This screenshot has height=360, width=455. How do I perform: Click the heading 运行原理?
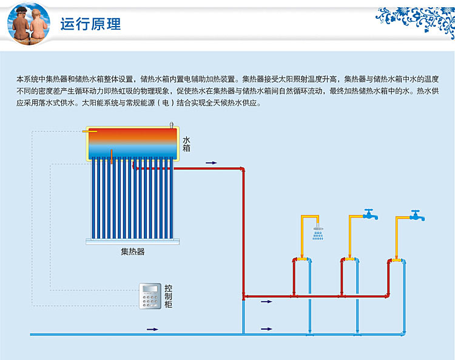[91, 24]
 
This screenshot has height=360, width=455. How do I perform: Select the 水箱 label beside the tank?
[186, 144]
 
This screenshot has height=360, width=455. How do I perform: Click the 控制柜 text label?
[168, 296]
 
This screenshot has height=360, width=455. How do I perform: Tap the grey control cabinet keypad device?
[150, 295]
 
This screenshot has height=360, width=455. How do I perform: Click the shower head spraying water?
[317, 233]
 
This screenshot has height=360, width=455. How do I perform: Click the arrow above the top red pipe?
[211, 163]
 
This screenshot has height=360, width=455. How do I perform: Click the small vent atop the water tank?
[173, 125]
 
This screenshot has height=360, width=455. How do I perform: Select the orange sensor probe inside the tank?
[112, 155]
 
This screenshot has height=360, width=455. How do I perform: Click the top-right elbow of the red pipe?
[243, 169]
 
